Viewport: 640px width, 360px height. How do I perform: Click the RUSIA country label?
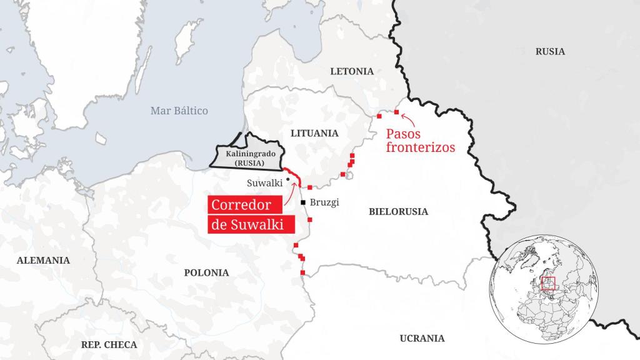coord(549,51)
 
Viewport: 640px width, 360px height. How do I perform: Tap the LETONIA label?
coord(352,71)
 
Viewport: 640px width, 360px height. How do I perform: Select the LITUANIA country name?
coord(314,133)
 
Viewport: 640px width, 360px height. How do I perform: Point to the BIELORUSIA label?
coord(398,212)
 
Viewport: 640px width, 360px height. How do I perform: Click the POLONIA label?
coord(206,272)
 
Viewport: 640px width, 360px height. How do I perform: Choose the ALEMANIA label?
coord(43,260)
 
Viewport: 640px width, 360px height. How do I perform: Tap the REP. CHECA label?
coord(109,344)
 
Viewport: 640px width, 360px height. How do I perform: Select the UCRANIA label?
coord(422,338)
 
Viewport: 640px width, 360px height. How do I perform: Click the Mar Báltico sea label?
coord(179,111)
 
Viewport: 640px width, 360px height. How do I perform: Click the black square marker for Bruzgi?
coord(303,202)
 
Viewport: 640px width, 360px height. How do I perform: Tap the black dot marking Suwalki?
coord(287,179)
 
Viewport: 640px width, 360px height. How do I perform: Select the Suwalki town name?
coord(264,184)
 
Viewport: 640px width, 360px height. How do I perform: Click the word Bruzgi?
coord(324,202)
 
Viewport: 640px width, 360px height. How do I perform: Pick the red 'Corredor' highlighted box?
coord(241,205)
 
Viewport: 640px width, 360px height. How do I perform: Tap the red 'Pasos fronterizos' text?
coord(419,141)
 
